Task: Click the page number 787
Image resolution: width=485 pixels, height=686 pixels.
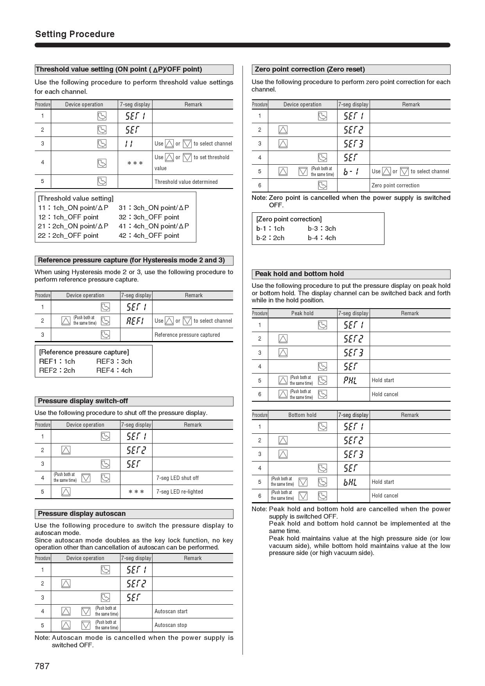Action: coord(42,666)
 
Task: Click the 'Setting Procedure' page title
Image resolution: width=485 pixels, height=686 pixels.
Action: coord(75,34)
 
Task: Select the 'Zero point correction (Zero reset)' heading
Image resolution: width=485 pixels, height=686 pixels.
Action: coord(309,69)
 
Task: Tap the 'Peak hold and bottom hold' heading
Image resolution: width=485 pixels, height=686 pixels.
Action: coord(299,274)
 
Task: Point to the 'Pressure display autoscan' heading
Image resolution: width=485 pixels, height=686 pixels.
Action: coord(82,514)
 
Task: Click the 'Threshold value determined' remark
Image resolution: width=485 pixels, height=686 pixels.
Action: coord(186,182)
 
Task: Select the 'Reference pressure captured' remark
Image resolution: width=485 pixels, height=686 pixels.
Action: coord(187,335)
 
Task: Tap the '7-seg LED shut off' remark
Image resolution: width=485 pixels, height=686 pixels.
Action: coord(177,478)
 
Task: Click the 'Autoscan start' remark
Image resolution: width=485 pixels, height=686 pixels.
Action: coord(171,611)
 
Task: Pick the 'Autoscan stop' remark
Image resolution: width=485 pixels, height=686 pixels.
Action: coord(171,625)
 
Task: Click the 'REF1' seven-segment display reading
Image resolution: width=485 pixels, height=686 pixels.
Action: coord(135,321)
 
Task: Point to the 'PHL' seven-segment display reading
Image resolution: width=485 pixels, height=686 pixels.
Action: coord(350,380)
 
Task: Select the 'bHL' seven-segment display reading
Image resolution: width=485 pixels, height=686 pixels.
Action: coord(350,482)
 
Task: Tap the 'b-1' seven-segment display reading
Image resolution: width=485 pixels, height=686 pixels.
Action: coord(351,171)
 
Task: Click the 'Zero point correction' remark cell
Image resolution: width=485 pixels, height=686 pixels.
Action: coord(395,185)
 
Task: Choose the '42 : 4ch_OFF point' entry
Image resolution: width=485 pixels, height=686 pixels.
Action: coord(149,235)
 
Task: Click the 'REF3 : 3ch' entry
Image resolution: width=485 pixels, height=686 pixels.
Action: coord(114,361)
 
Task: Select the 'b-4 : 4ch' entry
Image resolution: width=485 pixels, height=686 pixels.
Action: coord(322,238)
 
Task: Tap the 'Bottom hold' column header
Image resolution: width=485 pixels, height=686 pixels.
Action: coord(302,415)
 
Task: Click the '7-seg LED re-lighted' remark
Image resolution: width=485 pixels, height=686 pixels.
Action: coord(180,492)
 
